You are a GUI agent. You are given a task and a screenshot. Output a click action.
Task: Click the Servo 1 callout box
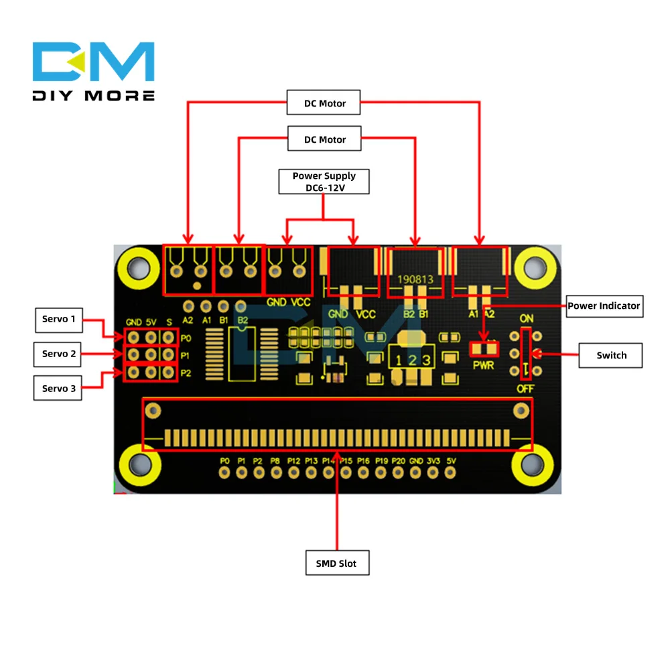click(x=58, y=319)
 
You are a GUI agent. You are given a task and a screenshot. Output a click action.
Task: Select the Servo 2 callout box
click(x=58, y=354)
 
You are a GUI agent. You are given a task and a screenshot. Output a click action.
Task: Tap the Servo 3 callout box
click(x=58, y=389)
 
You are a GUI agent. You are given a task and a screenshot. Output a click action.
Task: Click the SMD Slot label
click(x=336, y=563)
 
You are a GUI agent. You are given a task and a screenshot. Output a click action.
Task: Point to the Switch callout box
click(x=611, y=355)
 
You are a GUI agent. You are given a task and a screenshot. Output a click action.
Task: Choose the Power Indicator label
click(x=604, y=306)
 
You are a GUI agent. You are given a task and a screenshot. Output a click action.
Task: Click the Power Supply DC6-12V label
click(x=324, y=182)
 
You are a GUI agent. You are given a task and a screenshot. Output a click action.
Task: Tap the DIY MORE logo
click(x=94, y=70)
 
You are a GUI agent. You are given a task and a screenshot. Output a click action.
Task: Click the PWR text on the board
click(x=482, y=366)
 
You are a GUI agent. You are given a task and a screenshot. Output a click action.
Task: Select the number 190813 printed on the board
click(x=415, y=278)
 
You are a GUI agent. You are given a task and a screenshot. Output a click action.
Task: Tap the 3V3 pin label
click(x=433, y=461)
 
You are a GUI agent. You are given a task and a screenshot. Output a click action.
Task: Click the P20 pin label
click(x=399, y=461)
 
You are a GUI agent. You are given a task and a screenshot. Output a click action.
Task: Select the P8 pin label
click(x=275, y=461)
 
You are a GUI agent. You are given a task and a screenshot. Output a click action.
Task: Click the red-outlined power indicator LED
click(x=484, y=348)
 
